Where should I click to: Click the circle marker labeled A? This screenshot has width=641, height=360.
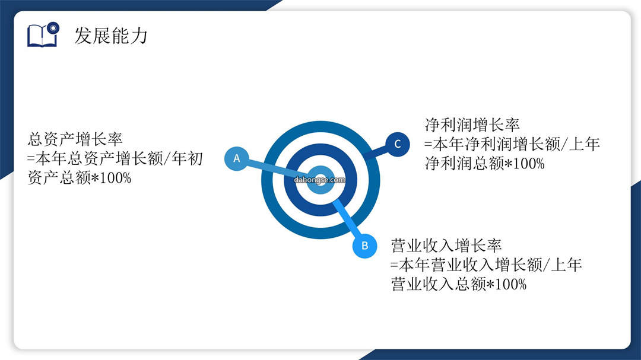pos(237,158)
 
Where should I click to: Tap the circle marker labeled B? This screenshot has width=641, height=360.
pos(364,246)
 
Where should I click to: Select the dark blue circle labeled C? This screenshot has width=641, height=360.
pos(397,144)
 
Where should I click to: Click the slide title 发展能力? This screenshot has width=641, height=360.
pos(111,36)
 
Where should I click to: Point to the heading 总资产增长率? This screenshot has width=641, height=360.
pos(75,139)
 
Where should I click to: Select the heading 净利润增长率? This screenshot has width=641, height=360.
pos(472,125)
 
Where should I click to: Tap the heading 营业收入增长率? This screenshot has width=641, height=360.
pos(446,246)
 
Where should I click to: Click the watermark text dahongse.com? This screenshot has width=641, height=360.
pos(319,180)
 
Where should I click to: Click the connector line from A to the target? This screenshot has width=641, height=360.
pos(277,169)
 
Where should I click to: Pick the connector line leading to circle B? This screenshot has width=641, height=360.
pos(347,218)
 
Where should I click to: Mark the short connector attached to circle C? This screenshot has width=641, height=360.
pos(375,153)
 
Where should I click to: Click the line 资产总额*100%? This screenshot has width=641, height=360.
pos(80,178)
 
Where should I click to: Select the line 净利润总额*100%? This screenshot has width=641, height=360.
pos(485,164)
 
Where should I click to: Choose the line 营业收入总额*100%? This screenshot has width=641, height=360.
pos(459,284)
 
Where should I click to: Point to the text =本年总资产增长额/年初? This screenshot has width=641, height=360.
pos(115,158)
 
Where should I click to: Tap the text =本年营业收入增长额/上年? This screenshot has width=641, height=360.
pos(486,265)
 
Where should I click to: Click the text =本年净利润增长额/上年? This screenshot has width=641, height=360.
pos(512,144)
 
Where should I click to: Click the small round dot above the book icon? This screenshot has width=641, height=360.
pos(53,28)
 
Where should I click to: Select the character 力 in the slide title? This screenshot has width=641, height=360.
pos(139,36)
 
